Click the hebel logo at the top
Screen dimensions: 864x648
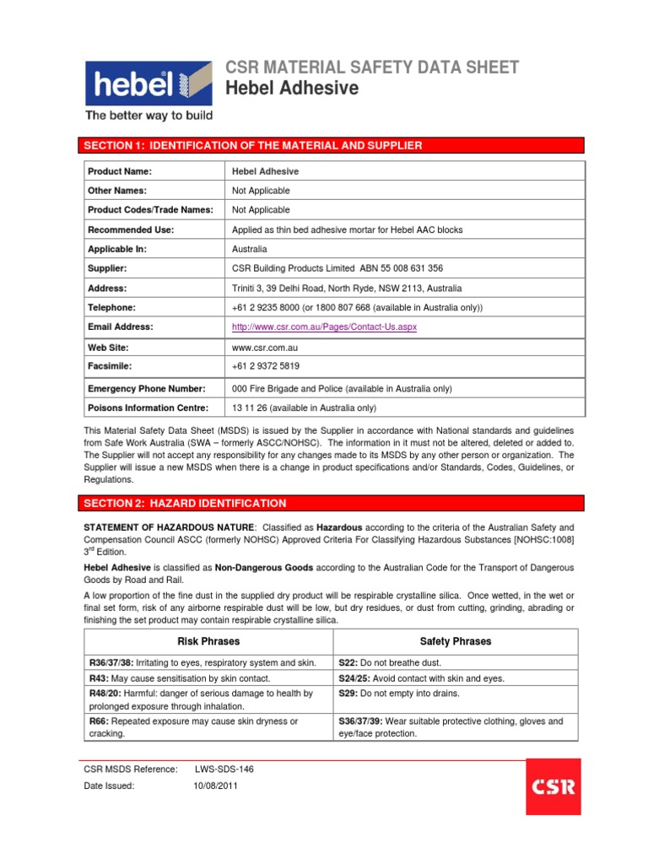point(147,82)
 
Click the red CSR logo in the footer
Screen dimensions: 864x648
point(553,786)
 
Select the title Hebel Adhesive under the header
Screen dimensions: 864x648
point(291,89)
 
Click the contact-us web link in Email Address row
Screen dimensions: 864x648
point(325,327)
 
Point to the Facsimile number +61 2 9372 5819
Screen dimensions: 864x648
point(266,366)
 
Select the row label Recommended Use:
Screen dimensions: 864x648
point(131,229)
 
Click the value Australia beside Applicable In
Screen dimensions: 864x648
point(250,249)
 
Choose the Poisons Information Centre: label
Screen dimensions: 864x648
point(148,408)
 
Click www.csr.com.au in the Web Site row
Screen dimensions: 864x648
point(265,347)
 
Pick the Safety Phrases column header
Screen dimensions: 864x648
point(456,641)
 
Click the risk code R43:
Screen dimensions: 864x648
point(99,678)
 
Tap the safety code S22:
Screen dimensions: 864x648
point(348,663)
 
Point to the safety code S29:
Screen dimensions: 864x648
point(348,694)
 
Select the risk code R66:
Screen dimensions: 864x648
point(99,721)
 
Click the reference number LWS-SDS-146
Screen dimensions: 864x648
point(224,769)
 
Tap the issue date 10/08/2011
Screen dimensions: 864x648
point(216,786)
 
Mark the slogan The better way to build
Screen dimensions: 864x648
point(148,116)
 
